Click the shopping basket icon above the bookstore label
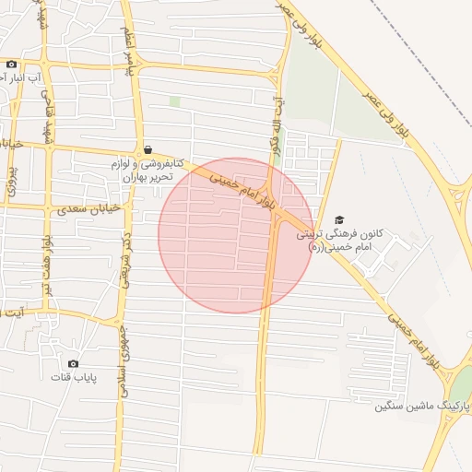tap(147, 149)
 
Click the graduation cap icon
tap(339, 219)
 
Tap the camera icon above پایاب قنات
tap(73, 363)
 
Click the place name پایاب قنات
tap(73, 378)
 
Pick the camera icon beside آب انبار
tap(11, 64)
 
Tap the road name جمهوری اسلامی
tap(122, 360)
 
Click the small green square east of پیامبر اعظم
tap(174, 101)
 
